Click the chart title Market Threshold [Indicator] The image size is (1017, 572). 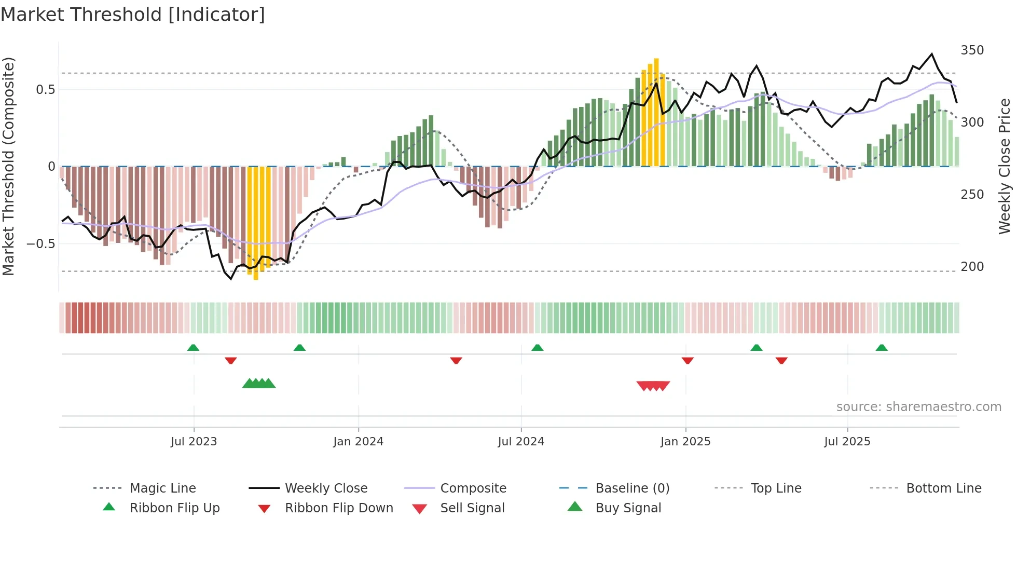click(x=133, y=15)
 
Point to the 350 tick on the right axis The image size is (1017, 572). click(x=972, y=50)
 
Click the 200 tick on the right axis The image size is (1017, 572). click(x=972, y=267)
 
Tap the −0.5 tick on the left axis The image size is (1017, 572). click(x=41, y=243)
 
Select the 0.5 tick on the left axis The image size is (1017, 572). click(x=45, y=89)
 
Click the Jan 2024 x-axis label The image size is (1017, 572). click(x=358, y=442)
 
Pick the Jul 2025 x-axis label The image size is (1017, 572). click(x=847, y=442)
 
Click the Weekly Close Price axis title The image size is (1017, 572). click(x=1005, y=166)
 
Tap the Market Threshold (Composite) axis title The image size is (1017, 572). click(x=8, y=166)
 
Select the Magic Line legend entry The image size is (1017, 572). click(x=162, y=488)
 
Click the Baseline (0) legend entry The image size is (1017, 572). click(x=632, y=488)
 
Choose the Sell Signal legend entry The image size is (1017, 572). click(x=472, y=508)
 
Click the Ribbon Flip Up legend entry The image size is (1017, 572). click(x=174, y=508)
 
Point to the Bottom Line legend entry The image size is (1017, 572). click(x=943, y=488)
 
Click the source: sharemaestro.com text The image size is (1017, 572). click(x=918, y=407)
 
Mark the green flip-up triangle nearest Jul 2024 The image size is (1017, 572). click(x=538, y=347)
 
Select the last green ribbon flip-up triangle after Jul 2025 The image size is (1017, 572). click(x=882, y=347)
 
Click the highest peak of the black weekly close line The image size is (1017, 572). click(x=932, y=54)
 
